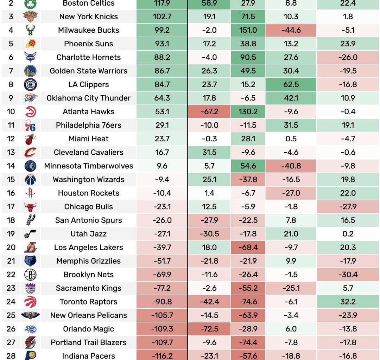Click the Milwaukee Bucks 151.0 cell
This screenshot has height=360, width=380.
click(x=248, y=30)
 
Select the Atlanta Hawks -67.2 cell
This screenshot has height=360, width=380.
click(x=209, y=112)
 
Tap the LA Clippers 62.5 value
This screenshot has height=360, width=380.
click(x=291, y=85)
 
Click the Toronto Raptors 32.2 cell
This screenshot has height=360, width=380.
click(x=348, y=302)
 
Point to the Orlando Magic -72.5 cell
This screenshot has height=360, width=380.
click(x=209, y=329)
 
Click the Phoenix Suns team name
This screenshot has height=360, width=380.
click(x=89, y=44)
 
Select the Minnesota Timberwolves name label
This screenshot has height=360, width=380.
click(x=89, y=166)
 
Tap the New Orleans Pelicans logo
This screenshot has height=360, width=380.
click(x=30, y=315)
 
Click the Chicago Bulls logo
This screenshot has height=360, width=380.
click(x=30, y=207)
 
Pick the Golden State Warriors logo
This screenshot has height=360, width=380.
click(x=30, y=71)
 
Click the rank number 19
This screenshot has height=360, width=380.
click(x=11, y=234)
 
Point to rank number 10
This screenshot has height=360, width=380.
click(x=11, y=112)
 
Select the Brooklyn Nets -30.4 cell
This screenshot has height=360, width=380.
click(x=348, y=275)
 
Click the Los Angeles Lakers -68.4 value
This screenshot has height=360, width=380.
click(x=248, y=247)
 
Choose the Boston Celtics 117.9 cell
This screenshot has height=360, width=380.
click(x=162, y=4)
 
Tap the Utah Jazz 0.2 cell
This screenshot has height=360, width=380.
click(x=348, y=234)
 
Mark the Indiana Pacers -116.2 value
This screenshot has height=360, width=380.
click(x=162, y=356)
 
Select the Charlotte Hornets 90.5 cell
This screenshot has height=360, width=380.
click(x=248, y=57)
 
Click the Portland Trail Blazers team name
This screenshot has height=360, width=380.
click(x=89, y=342)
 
